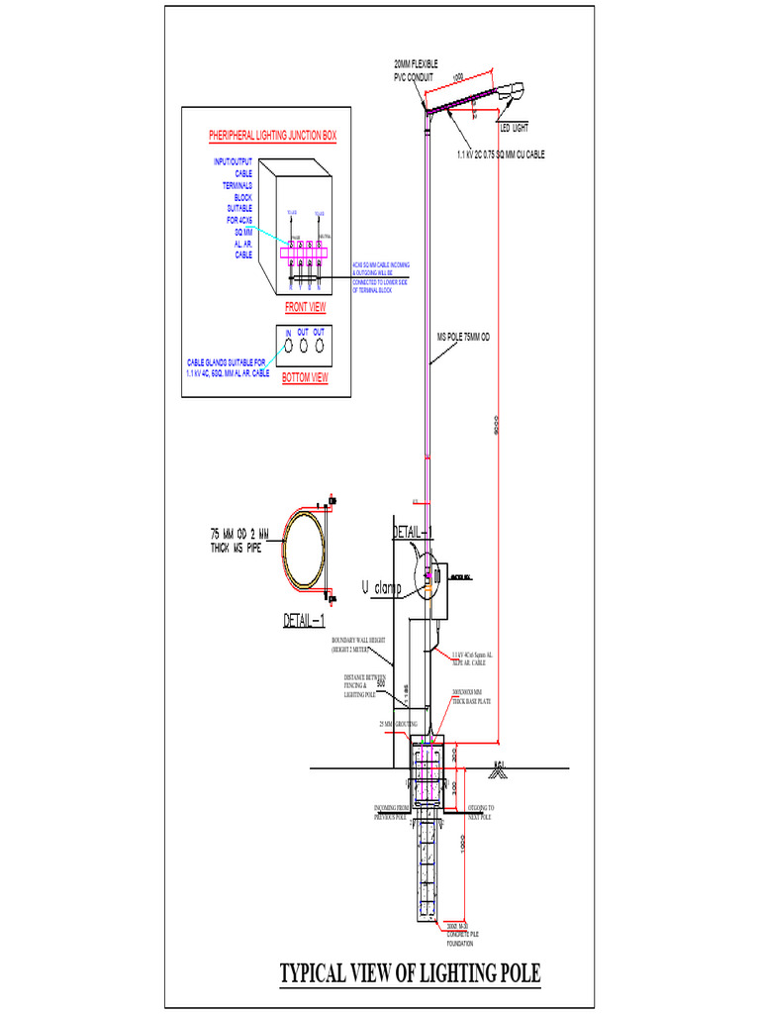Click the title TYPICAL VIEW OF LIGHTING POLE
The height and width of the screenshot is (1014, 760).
coord(411,972)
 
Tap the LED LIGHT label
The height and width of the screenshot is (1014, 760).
coord(514,129)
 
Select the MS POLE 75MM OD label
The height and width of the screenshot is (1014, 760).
coord(463,337)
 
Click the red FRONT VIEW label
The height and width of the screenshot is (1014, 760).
coord(304,307)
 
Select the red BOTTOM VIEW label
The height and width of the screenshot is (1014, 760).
coord(304,378)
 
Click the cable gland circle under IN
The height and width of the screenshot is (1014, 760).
coord(288,348)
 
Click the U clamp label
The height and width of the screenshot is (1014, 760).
coord(382,588)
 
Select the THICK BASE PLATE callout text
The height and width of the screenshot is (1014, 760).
coord(472,697)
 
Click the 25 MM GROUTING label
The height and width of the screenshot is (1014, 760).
coord(398,724)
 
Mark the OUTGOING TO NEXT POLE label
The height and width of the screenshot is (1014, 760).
coord(480,813)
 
